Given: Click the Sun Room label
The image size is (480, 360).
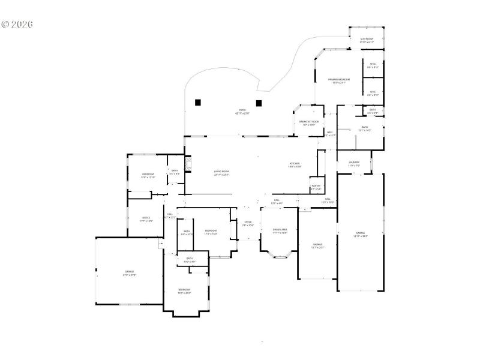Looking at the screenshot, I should click(x=367, y=40).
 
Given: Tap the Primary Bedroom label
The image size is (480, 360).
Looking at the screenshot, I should click(x=339, y=81).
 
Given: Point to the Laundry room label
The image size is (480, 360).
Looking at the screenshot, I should click(x=354, y=164).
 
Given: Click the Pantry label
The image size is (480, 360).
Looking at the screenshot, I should click(x=316, y=188).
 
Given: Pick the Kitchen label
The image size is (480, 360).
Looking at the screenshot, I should click(x=295, y=165).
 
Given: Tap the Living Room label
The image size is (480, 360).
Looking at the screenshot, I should click(x=222, y=173).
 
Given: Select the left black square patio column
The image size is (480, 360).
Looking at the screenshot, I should click(x=198, y=102).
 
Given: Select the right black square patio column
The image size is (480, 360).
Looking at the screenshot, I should click(x=259, y=102).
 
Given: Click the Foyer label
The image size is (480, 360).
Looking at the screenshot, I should click(x=248, y=224).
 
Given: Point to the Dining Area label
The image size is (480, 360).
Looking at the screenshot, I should click(x=280, y=231).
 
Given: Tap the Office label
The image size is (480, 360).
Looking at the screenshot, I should click(x=146, y=220).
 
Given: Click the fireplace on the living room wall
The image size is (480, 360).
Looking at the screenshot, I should click(x=188, y=164).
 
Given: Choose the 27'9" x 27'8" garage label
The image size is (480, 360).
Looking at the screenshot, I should click(x=130, y=274).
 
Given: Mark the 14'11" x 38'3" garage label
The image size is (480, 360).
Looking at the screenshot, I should click(x=361, y=235).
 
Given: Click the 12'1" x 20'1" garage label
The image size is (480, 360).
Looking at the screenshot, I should click(x=317, y=246).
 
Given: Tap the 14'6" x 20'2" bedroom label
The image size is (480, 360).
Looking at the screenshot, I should click(x=184, y=292).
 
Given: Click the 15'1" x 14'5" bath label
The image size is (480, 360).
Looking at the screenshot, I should click(x=365, y=129).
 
